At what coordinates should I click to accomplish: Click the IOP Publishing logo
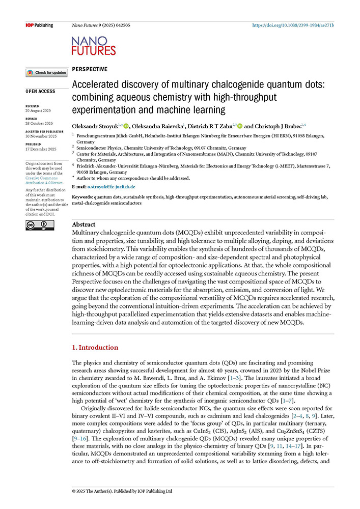[x=39, y=25]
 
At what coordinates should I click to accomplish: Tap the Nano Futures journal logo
[x=94, y=46]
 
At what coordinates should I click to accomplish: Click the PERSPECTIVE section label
[x=90, y=69]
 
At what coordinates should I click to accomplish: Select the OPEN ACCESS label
[x=41, y=92]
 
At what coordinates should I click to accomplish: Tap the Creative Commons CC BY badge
[x=37, y=226]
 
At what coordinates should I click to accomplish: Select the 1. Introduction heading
[x=95, y=348]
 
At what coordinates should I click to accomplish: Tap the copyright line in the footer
[x=122, y=491]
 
